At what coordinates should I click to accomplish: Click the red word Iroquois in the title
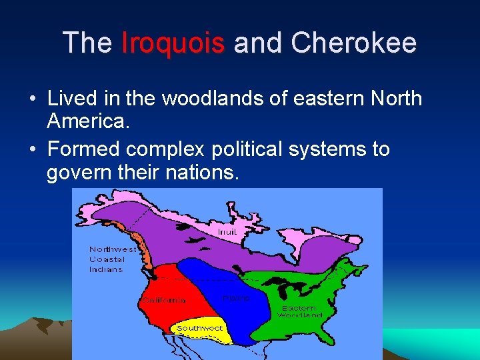click(x=173, y=43)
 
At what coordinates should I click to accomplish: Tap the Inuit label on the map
click(x=227, y=231)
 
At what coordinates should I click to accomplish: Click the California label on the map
click(x=164, y=301)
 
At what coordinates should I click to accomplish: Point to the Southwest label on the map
click(x=199, y=328)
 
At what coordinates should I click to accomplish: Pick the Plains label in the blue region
click(x=236, y=298)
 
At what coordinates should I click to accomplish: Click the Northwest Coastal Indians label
click(x=112, y=259)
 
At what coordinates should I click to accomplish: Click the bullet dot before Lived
click(x=32, y=99)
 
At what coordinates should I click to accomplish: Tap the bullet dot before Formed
click(x=32, y=149)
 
